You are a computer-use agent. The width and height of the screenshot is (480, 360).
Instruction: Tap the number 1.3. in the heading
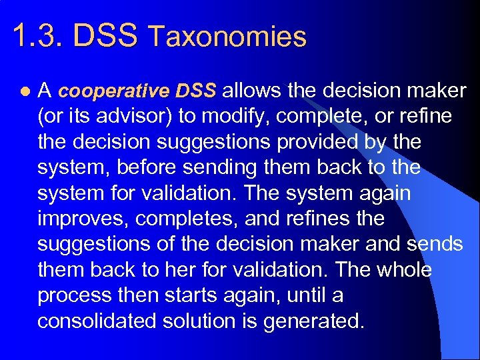pos(39,36)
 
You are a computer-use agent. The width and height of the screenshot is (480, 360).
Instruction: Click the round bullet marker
pos(25,91)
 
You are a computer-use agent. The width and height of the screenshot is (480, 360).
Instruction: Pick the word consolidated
pos(95,321)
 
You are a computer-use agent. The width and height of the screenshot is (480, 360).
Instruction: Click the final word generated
pos(314,321)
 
